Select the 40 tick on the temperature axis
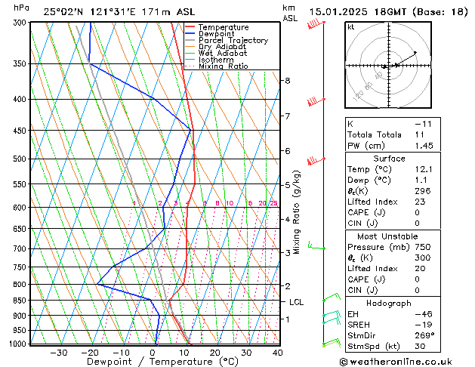coord(277,352)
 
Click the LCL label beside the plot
coord(297,302)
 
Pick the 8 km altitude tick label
coord(287,81)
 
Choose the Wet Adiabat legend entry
coord(224,53)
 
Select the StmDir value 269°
coord(426,335)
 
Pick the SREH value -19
coord(424,325)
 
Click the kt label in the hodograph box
coord(350,26)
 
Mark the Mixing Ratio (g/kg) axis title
coord(298,211)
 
